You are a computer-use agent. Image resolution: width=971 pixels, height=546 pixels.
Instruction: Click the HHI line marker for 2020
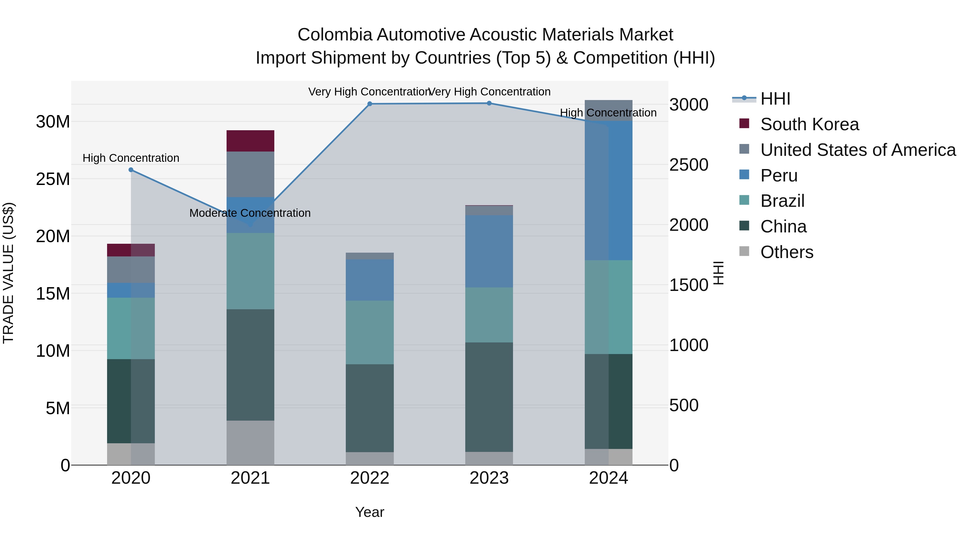[x=131, y=170]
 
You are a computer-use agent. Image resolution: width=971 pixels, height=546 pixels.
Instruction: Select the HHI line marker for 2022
[x=370, y=104]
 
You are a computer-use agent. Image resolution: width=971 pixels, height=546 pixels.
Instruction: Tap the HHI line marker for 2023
[x=489, y=103]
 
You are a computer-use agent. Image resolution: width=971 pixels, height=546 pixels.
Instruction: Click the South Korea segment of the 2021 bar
[x=250, y=141]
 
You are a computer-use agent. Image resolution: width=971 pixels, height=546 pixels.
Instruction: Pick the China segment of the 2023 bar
[x=489, y=397]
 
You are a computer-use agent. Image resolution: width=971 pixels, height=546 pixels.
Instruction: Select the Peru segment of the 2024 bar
[x=608, y=191]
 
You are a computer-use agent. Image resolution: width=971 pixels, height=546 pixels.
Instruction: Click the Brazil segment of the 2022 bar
[x=370, y=332]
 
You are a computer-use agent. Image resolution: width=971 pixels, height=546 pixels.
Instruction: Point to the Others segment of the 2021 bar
[x=250, y=443]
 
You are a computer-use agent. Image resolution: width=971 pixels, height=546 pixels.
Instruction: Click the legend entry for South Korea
[x=809, y=124]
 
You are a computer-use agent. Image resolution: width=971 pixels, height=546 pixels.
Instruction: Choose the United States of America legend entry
[x=857, y=150]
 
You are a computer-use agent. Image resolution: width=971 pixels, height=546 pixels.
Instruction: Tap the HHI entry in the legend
[x=775, y=99]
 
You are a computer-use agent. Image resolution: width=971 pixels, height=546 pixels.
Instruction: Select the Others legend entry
[x=787, y=252]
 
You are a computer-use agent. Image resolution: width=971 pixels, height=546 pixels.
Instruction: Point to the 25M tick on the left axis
[x=53, y=179]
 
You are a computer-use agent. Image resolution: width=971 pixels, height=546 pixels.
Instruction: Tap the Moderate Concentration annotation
[x=250, y=213]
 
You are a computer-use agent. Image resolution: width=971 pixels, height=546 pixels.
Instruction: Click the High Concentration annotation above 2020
[x=131, y=158]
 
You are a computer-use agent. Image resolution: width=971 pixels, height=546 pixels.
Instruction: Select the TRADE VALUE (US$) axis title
[x=8, y=273]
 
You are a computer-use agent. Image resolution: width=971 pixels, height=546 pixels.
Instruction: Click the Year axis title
[x=370, y=512]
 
